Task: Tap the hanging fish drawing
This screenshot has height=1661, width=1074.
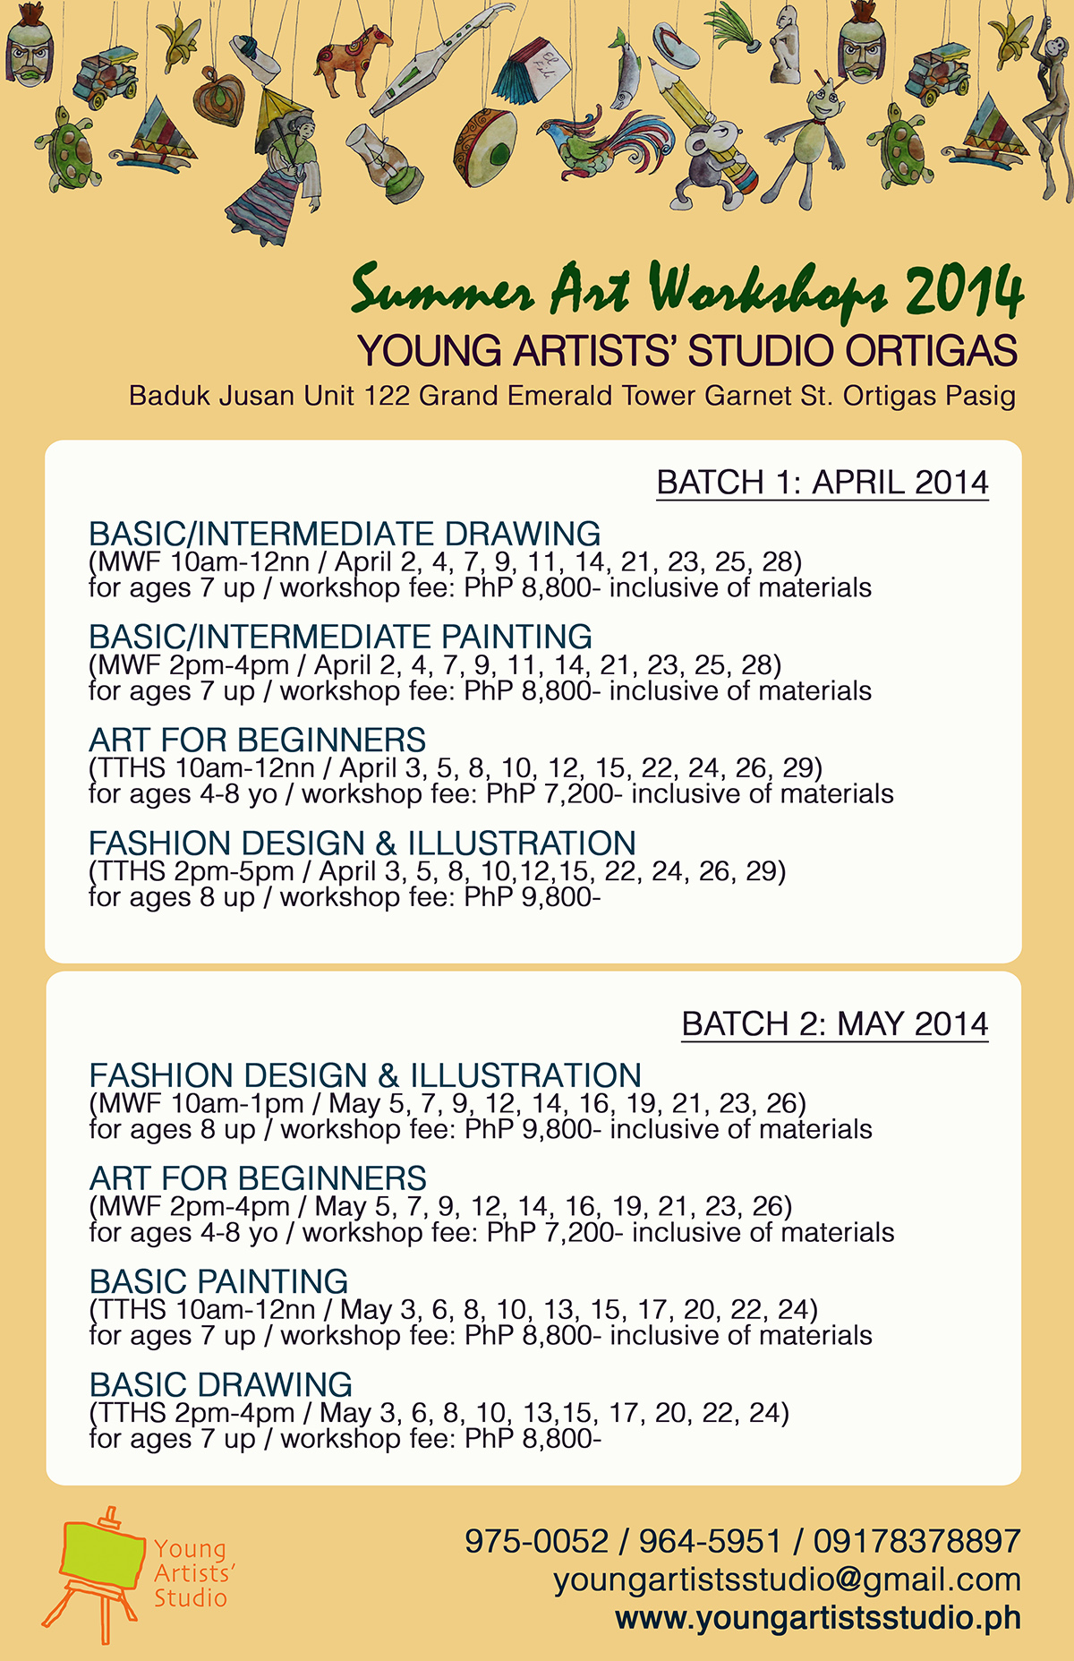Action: (627, 70)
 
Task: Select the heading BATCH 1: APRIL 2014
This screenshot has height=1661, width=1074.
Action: (822, 483)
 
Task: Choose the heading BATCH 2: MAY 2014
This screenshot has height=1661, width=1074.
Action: (834, 1024)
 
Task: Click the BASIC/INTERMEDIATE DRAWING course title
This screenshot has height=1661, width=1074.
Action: (345, 534)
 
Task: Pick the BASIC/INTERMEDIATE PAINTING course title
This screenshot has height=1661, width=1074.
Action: (340, 637)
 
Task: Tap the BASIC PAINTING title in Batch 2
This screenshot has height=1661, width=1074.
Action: (218, 1281)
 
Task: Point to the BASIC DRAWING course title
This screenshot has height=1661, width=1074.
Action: (220, 1384)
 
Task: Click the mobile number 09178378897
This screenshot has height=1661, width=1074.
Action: (916, 1541)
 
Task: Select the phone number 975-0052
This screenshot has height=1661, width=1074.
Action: (536, 1541)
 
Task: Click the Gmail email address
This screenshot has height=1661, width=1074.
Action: (787, 1580)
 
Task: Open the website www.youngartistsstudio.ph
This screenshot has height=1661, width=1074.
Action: (818, 1618)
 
